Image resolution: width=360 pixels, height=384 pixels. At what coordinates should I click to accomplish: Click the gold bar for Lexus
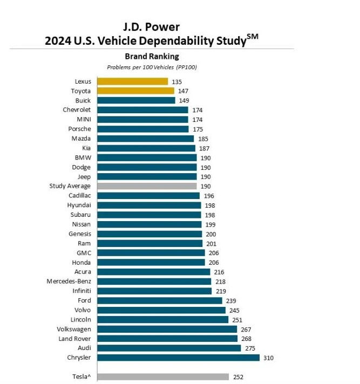click(x=132, y=81)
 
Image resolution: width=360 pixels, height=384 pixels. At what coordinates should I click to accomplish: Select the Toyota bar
click(x=135, y=91)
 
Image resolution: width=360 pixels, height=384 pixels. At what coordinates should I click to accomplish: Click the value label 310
click(x=269, y=358)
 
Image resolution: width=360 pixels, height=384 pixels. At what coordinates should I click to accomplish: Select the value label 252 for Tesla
click(x=238, y=377)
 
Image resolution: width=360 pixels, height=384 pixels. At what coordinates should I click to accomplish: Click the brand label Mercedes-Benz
click(x=69, y=282)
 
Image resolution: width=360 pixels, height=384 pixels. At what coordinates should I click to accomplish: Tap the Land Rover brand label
click(x=74, y=339)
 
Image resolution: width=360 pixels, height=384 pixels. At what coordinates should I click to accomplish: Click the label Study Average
click(x=70, y=186)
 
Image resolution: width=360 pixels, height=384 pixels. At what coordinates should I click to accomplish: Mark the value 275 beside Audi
click(x=250, y=348)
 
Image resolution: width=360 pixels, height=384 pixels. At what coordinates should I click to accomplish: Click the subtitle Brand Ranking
click(x=152, y=56)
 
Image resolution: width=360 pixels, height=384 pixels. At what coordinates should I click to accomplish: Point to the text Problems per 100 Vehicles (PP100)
click(x=152, y=67)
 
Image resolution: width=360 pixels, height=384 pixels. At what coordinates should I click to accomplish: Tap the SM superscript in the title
click(x=253, y=37)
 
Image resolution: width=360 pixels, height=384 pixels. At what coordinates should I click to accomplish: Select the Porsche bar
click(x=143, y=129)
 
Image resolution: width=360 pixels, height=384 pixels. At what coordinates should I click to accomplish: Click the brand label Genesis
click(x=79, y=234)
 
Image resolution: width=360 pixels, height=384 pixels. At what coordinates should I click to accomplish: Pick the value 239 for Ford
click(x=231, y=300)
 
